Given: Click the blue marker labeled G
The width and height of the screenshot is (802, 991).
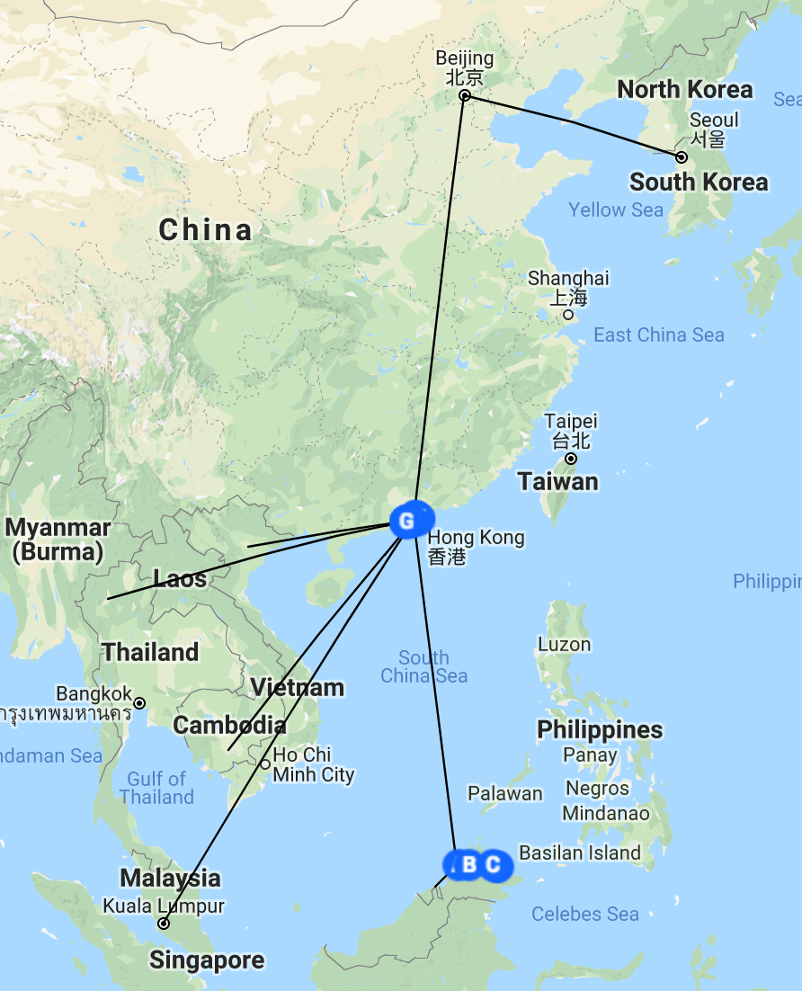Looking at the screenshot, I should tap(406, 521).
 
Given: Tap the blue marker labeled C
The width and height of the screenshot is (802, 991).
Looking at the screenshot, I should tap(494, 865).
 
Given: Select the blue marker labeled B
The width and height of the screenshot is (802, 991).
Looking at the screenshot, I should tap(469, 865).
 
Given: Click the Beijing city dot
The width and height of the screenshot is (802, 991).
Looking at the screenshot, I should tap(465, 95).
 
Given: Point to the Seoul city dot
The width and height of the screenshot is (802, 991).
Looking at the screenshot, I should tap(682, 157).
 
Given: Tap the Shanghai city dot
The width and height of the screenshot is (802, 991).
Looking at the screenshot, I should tap(567, 315).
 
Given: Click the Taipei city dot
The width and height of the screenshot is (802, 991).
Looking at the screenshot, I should tap(570, 459).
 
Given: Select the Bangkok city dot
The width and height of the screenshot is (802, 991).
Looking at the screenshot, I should tap(139, 702).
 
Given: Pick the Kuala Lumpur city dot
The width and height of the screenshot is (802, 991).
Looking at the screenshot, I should tap(164, 924).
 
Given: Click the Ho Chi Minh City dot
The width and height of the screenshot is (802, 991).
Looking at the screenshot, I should tap(265, 764).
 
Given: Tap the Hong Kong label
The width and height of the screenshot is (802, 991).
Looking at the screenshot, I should tap(476, 538).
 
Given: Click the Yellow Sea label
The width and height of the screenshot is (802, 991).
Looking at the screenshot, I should tap(616, 210).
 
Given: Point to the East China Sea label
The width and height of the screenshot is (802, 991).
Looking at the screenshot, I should tap(659, 335).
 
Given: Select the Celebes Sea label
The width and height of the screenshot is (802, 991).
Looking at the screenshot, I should tap(585, 915).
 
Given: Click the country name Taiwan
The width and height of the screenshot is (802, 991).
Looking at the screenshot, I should tap(557, 482).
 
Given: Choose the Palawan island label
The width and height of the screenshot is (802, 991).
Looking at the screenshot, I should tap(505, 793).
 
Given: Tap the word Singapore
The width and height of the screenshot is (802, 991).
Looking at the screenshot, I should tap(207, 960).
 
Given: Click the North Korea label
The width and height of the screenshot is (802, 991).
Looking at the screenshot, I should tap(685, 90).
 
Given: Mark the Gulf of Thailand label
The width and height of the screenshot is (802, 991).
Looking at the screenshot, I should tap(156, 788).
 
